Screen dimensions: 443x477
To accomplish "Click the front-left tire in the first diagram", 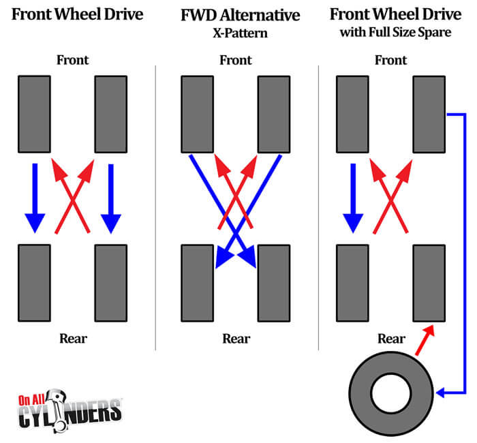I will (x=34, y=114).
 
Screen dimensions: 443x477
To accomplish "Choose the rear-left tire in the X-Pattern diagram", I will (x=197, y=284).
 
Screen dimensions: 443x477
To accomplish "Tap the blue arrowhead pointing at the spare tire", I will (x=442, y=393).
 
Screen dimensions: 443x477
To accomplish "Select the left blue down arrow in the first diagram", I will (x=34, y=198).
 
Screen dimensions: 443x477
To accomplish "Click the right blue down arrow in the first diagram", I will (x=110, y=198).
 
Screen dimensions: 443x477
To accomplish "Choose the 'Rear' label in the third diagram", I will (x=391, y=338).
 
